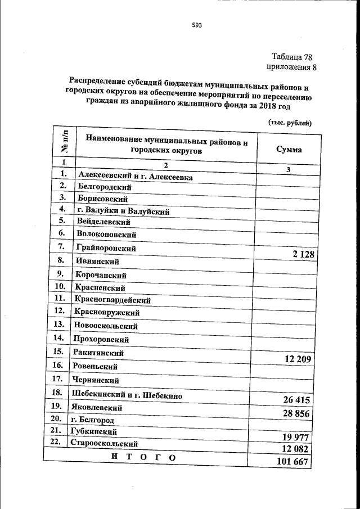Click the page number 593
(x=196, y=25)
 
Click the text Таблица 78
(x=291, y=57)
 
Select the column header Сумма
(x=289, y=150)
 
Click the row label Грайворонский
(x=106, y=247)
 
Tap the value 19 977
(x=295, y=437)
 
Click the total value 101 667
(x=293, y=462)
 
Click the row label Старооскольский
(x=103, y=443)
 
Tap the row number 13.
(x=58, y=324)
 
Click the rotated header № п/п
(x=65, y=141)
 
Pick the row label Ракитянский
(x=98, y=353)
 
